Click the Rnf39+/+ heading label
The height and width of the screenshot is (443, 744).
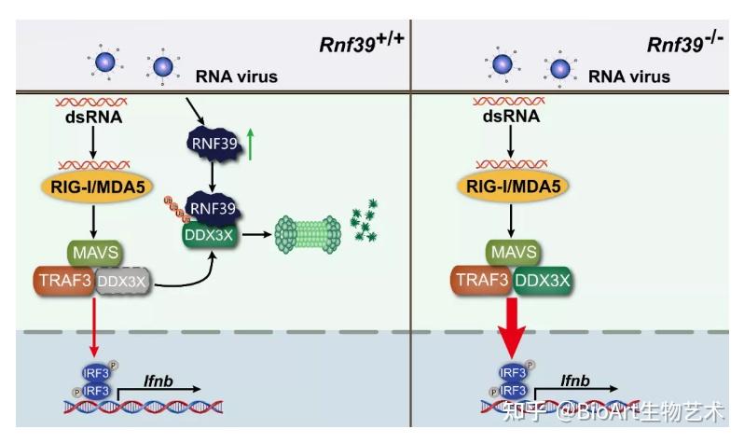354,44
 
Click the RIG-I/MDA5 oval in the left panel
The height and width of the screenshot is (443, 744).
94,187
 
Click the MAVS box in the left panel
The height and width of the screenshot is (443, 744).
93,252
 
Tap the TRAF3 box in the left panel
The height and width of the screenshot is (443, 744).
64,280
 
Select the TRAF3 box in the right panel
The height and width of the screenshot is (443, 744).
482,280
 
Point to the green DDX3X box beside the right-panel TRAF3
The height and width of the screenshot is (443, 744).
544,280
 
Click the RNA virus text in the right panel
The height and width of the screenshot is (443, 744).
630,76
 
